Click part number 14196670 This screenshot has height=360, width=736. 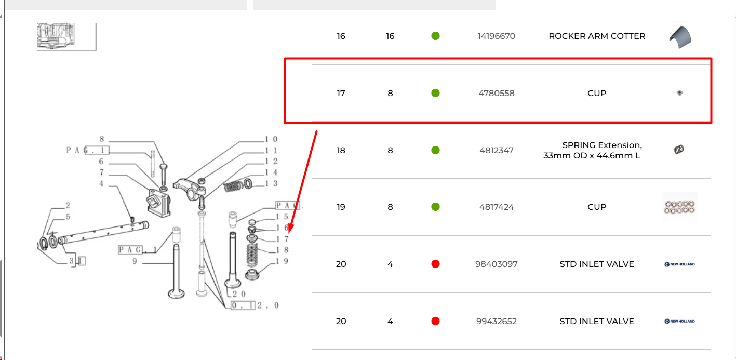pyautogui.click(x=496, y=36)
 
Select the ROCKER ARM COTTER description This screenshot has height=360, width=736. pyautogui.click(x=597, y=36)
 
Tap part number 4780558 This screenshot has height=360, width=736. pyautogui.click(x=496, y=94)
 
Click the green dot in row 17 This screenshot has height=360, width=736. pyautogui.click(x=435, y=93)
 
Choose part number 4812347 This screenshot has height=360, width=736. pyautogui.click(x=496, y=151)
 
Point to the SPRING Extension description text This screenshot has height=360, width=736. pyautogui.click(x=592, y=150)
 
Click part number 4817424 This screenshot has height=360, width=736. pyautogui.click(x=496, y=207)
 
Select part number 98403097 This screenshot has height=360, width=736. pyautogui.click(x=496, y=264)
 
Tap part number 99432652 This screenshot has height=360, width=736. pyautogui.click(x=496, y=321)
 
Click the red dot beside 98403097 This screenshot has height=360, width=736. pyautogui.click(x=435, y=264)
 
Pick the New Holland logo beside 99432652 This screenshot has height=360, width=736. pyautogui.click(x=679, y=321)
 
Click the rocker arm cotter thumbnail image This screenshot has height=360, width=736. pyautogui.click(x=680, y=37)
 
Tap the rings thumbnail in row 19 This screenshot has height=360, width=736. pyautogui.click(x=679, y=207)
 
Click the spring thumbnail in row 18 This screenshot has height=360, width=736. pyautogui.click(x=679, y=150)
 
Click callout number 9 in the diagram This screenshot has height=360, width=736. pyautogui.click(x=135, y=261)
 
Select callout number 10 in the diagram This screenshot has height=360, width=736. pyautogui.click(x=272, y=139)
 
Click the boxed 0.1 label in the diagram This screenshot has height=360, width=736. pyautogui.click(x=243, y=306)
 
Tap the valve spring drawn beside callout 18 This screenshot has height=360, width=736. pyautogui.click(x=252, y=255)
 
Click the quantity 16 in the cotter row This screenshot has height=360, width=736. pyautogui.click(x=390, y=36)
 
